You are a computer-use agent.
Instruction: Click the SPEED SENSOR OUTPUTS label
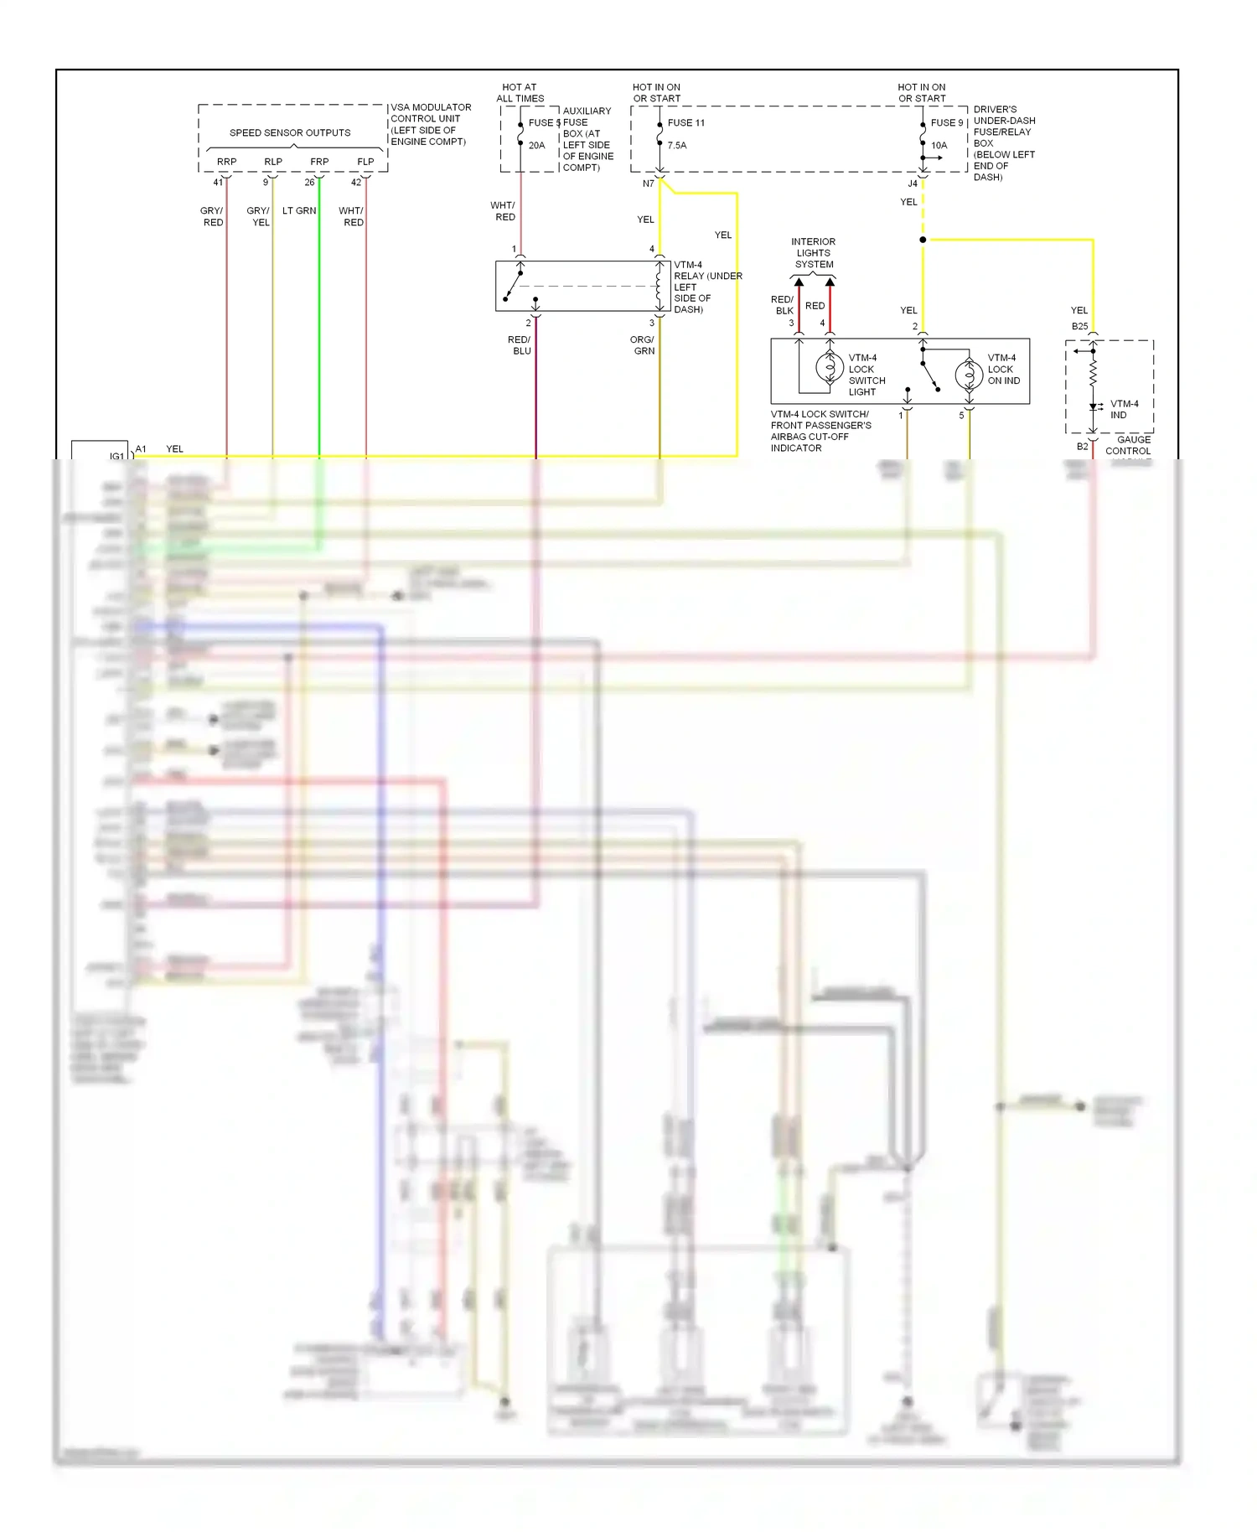[x=290, y=132]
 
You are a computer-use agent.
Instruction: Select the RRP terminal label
[x=226, y=162]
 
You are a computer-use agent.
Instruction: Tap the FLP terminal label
[x=365, y=162]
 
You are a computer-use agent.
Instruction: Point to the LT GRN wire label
[x=299, y=210]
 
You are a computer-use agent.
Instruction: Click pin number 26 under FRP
[x=309, y=182]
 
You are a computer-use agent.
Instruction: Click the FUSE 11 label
[x=685, y=122]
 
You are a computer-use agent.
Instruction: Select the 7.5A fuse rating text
[x=677, y=145]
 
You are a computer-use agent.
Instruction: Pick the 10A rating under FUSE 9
[x=939, y=145]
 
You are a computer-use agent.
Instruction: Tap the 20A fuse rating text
[x=536, y=145]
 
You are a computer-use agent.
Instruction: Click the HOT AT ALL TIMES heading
[x=520, y=92]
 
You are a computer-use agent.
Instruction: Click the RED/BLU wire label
[x=520, y=345]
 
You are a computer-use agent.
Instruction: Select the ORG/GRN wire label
[x=643, y=345]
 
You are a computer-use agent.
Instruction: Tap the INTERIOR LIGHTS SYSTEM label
[x=814, y=252]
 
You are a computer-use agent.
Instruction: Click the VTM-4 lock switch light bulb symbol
[x=830, y=367]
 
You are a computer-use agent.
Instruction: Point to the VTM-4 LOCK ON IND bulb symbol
[x=969, y=374]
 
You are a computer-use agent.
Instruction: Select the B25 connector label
[x=1079, y=326]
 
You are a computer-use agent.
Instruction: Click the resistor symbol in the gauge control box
[x=1093, y=375]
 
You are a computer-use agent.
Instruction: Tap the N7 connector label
[x=648, y=184]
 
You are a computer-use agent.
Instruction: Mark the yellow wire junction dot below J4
[x=923, y=240]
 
